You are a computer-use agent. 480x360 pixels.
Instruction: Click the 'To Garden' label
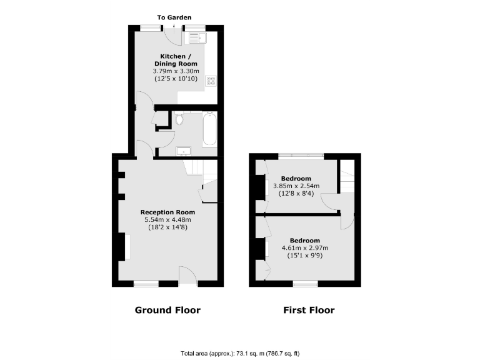coord(174,17)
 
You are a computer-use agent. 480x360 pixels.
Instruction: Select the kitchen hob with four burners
coord(211,81)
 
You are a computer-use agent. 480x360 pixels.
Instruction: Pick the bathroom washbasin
coord(184,150)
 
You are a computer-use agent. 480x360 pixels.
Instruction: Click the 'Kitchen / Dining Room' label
coord(176,60)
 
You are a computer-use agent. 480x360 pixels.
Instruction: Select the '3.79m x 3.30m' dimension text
coord(176,71)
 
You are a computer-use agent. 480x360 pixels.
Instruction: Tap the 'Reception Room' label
coord(168,212)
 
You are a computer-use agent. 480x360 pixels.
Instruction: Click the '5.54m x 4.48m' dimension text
coord(168,219)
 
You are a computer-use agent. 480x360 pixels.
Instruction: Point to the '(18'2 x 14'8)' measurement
coord(168,227)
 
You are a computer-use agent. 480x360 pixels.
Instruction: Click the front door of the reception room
coord(188,275)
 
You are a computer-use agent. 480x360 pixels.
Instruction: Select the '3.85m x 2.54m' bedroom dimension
coord(296,186)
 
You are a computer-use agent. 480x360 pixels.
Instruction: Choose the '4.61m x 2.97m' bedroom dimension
coord(305,248)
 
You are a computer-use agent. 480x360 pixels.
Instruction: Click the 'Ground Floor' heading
coord(168,310)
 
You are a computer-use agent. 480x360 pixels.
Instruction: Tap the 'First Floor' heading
coord(309,310)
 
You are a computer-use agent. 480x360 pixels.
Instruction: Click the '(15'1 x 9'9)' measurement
coord(305,256)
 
